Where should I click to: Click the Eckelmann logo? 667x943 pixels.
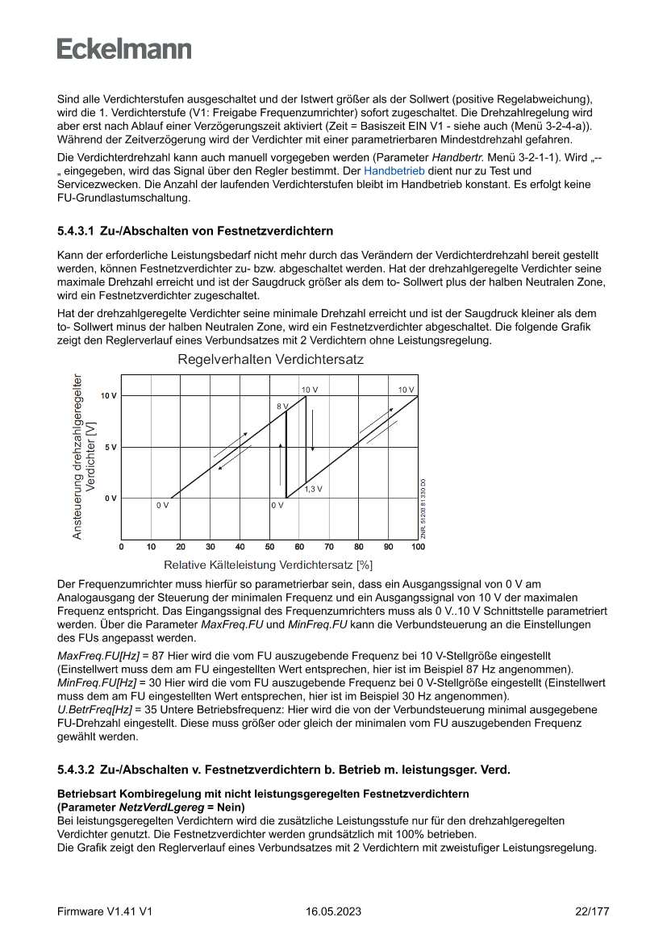[124, 48]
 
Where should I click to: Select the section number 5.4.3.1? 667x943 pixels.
[75, 232]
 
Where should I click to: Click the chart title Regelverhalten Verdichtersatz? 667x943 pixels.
[270, 360]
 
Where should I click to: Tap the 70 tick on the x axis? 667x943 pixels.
[329, 547]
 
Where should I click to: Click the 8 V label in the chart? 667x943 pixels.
[281, 407]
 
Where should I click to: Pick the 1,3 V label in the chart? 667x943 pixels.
[314, 489]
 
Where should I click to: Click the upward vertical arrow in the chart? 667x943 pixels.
[281, 464]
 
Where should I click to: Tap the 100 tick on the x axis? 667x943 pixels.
[418, 547]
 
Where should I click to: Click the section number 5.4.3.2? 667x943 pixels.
[75, 770]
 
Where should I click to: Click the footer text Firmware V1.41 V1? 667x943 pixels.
[105, 912]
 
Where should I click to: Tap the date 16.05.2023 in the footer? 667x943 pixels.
[333, 912]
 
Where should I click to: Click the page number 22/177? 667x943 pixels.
[592, 912]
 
